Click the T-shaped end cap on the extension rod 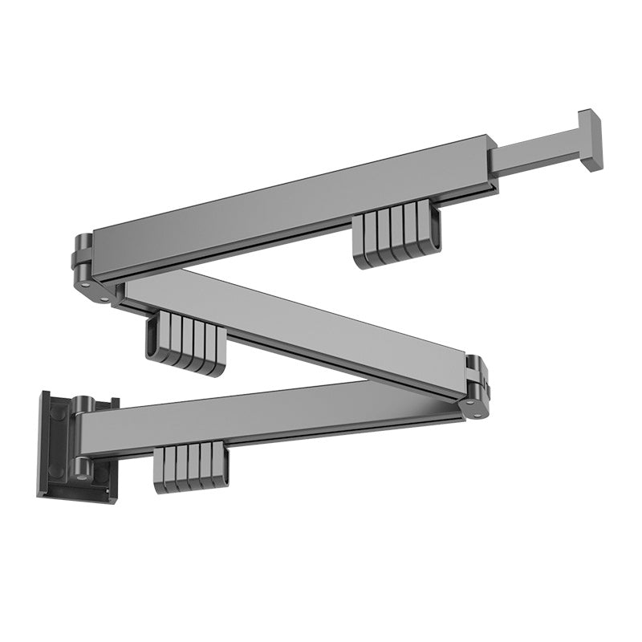[589, 140]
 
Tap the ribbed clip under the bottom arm [191, 467]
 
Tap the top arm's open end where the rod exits [490, 165]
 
